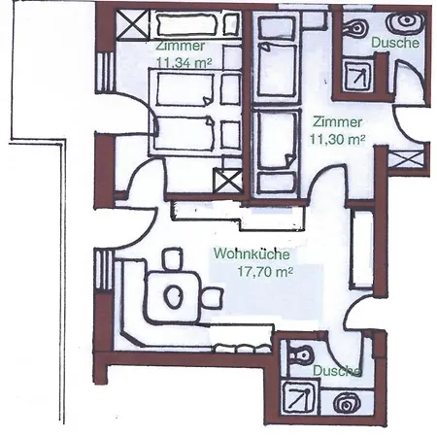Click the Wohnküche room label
click(252, 253)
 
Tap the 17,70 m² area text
click(265, 271)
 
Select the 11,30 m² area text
click(337, 139)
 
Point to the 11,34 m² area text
click(185, 62)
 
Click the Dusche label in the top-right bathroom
click(395, 43)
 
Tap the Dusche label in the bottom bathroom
click(337, 371)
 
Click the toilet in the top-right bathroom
click(355, 27)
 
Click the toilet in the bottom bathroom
click(302, 354)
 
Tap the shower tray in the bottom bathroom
click(299, 398)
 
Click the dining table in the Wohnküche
click(173, 296)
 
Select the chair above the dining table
click(171, 259)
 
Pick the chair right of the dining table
click(212, 298)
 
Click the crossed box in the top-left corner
click(132, 25)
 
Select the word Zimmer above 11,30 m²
click(337, 122)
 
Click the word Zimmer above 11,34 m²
click(180, 46)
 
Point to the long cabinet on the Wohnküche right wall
click(362, 250)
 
